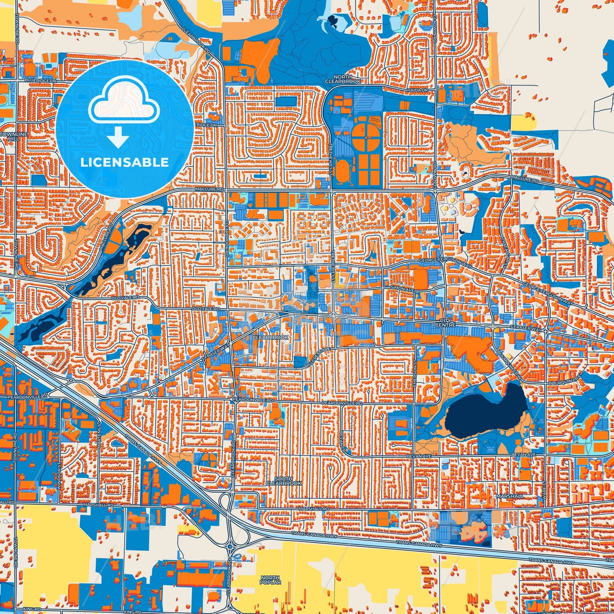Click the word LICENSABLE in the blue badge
124,162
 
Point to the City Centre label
445,323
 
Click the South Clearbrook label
283,481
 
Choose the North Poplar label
270,580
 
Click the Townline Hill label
14,136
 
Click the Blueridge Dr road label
41,80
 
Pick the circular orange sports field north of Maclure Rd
365,136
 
